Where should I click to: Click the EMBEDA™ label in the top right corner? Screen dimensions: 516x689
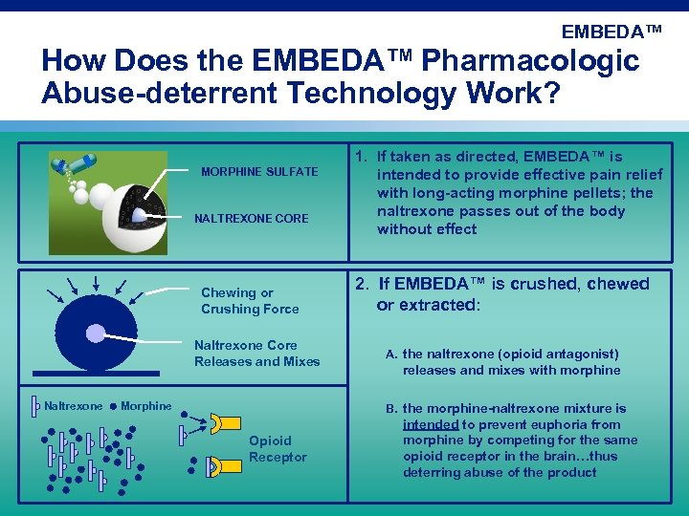point(611,32)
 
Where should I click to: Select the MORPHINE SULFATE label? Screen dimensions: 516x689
point(259,172)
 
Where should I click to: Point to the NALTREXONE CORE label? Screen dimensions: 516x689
point(252,219)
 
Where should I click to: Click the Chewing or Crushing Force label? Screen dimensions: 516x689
point(250,301)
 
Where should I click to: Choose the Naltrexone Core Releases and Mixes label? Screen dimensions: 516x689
point(256,354)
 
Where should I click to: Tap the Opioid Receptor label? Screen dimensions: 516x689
point(278,449)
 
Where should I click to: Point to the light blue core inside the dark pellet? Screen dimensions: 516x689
point(96,333)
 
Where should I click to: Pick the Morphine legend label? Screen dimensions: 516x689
point(146,406)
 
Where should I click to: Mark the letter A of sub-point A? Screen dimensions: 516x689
point(390,355)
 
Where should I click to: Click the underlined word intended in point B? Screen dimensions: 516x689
point(432,424)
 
